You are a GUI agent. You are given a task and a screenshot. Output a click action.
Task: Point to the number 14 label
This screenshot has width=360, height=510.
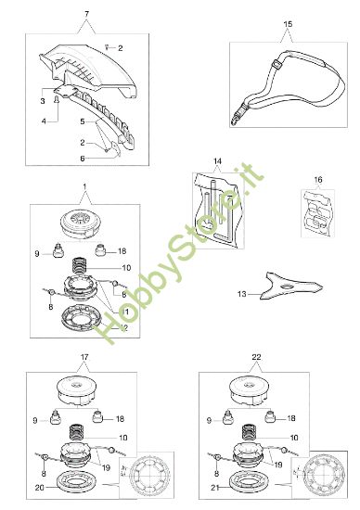point(218,162)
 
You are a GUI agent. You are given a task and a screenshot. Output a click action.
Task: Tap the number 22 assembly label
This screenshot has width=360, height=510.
point(256,356)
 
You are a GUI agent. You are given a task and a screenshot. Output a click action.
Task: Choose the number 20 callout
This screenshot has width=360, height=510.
point(38,483)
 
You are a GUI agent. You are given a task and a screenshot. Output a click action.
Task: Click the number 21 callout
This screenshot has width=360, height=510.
point(214,484)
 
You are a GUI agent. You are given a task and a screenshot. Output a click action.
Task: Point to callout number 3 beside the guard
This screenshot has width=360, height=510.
point(43,100)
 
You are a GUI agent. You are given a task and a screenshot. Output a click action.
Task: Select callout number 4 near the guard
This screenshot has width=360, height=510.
point(43,120)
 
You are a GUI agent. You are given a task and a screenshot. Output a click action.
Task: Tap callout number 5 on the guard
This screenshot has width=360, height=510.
point(81,121)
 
